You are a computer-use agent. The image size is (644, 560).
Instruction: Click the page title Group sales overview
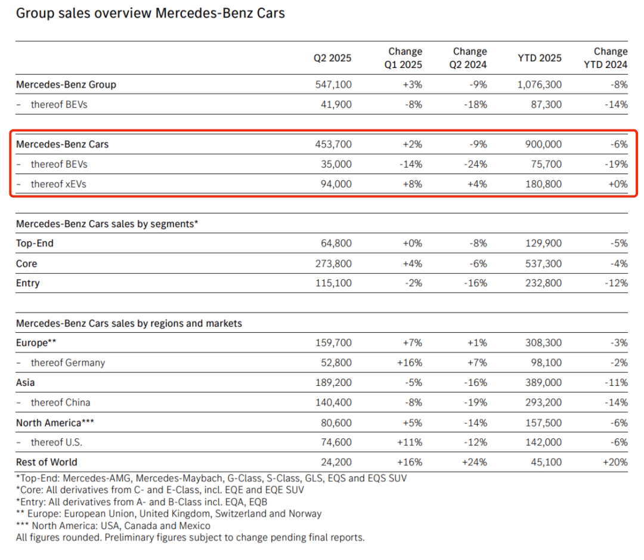click(x=150, y=13)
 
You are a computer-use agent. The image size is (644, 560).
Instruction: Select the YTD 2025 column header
click(x=540, y=58)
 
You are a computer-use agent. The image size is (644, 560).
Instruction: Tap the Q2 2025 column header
click(x=333, y=58)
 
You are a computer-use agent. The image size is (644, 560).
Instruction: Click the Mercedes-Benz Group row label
click(x=66, y=85)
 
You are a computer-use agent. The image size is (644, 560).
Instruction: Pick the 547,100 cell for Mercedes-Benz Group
click(x=333, y=85)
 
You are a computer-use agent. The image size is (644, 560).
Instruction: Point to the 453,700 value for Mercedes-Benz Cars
click(x=333, y=144)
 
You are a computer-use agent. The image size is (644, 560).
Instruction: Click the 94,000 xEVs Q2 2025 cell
click(x=336, y=184)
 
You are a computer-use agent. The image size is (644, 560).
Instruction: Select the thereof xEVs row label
click(x=58, y=184)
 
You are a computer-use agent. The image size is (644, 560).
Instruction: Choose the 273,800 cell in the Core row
click(x=333, y=264)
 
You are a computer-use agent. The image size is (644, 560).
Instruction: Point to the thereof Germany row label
click(x=67, y=363)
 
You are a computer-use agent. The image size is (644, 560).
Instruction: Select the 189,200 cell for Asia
click(x=333, y=383)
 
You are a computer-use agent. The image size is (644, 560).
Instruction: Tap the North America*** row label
click(x=55, y=423)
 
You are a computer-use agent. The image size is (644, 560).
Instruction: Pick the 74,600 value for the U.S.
click(x=336, y=443)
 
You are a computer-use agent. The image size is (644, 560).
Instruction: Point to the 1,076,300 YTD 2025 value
click(x=537, y=85)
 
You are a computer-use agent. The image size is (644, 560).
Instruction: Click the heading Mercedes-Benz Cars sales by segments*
click(x=107, y=224)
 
